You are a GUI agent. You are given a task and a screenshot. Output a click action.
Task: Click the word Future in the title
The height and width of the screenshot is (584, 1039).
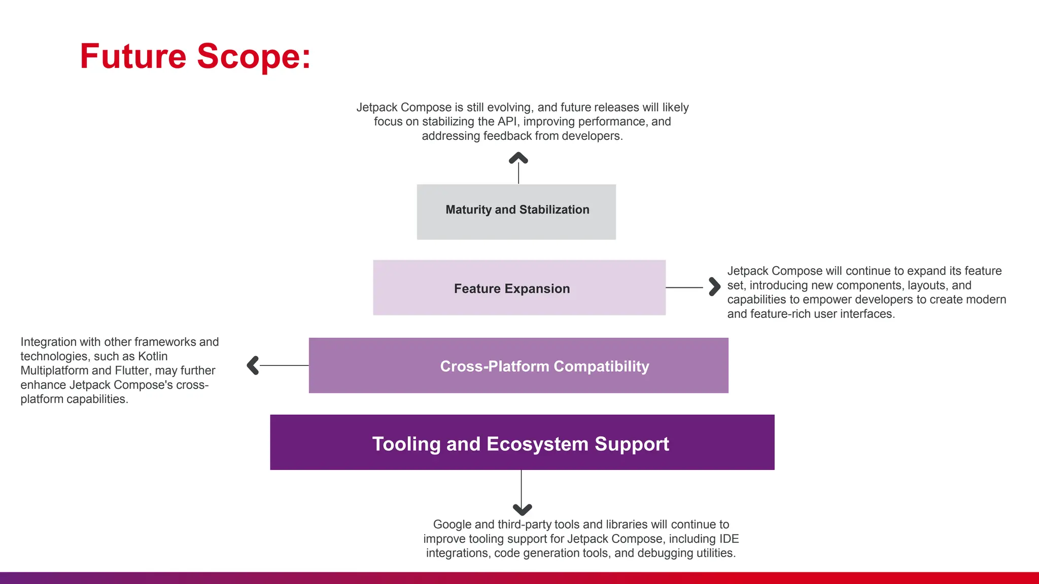pos(133,56)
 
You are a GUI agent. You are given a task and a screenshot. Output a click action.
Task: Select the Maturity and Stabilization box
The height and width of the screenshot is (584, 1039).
pos(516,212)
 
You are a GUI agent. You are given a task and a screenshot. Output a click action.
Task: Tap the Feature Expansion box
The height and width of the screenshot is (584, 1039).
pos(519,288)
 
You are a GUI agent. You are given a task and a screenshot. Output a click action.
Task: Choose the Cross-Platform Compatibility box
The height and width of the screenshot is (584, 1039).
pos(518,366)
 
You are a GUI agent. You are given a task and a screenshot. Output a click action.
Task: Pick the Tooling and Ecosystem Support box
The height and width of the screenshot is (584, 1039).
pos(522,443)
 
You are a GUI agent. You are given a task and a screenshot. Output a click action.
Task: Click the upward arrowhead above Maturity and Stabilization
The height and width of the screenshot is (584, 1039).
pos(518,158)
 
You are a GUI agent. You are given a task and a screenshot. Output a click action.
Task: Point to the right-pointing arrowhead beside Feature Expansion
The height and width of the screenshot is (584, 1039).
pos(714,287)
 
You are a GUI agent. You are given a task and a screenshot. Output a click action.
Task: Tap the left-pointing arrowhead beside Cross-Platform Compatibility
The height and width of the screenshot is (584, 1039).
pos(253,366)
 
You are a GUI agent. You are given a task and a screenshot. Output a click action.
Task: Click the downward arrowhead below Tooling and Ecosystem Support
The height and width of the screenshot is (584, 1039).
pos(522,509)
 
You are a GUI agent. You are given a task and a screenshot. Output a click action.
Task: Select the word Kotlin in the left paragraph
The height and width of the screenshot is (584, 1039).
pos(153,356)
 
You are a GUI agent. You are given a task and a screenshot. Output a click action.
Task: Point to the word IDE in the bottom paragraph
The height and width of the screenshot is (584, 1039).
pos(729,539)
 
